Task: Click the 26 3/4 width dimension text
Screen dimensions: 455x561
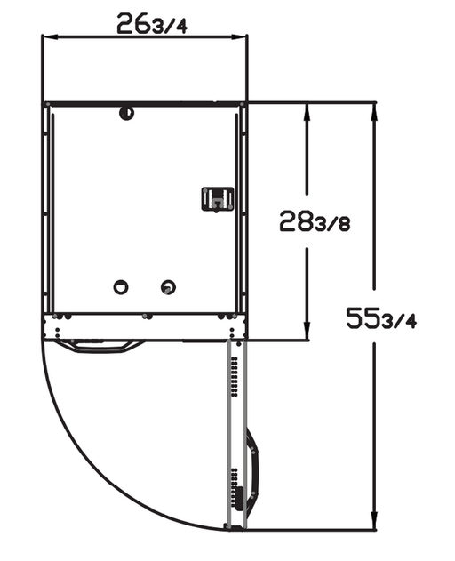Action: tap(152, 24)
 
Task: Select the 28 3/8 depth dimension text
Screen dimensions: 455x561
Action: tap(315, 221)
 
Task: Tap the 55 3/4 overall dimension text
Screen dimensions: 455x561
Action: tap(381, 317)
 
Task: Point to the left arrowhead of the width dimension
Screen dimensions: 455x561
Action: tap(50, 36)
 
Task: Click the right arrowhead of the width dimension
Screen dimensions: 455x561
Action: tap(239, 36)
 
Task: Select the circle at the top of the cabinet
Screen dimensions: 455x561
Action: tap(126, 113)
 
